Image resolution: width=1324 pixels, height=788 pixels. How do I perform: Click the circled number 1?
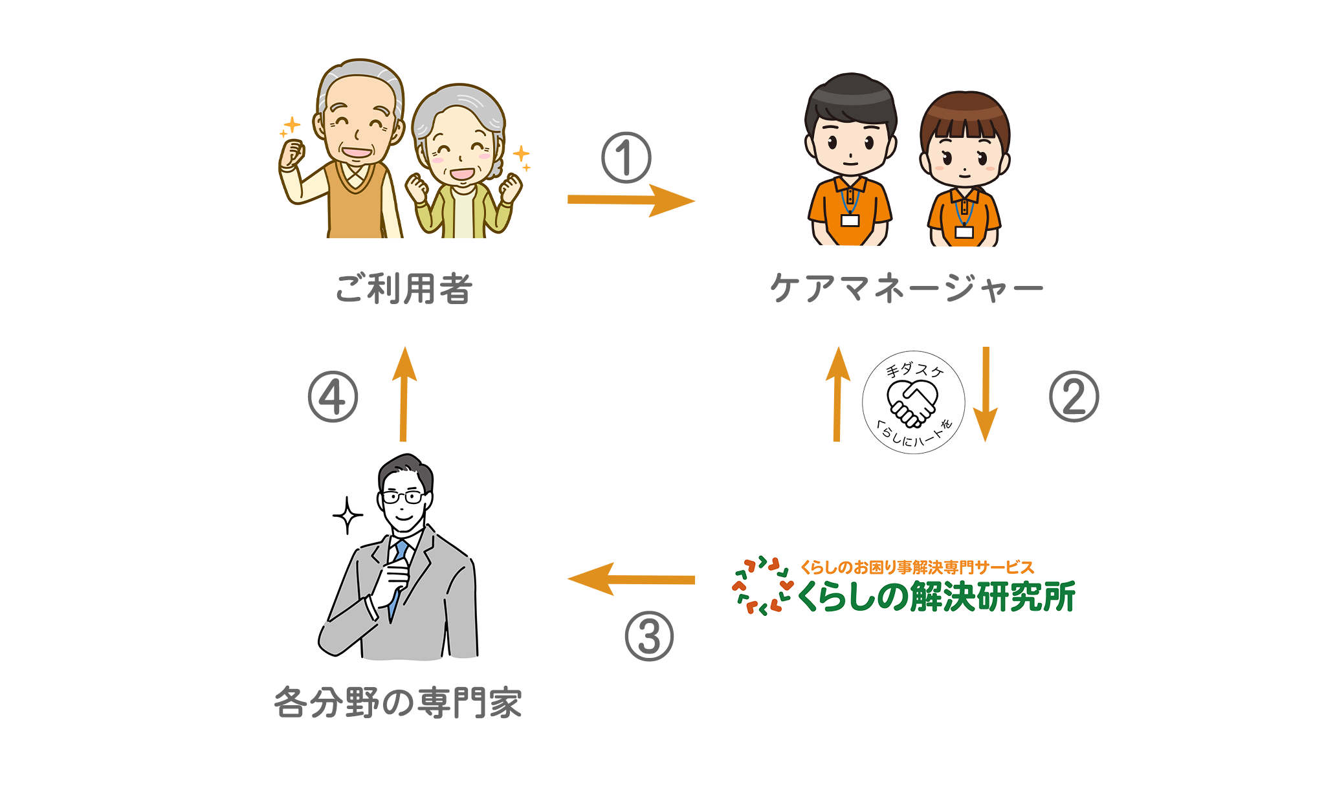626,158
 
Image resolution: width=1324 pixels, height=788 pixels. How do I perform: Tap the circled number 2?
1074,397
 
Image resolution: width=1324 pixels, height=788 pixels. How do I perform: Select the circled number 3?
649,636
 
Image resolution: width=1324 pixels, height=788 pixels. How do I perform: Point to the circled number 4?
333,397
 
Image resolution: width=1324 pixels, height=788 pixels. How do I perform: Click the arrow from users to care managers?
631,200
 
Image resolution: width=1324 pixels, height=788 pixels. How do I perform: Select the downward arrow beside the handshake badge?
986,395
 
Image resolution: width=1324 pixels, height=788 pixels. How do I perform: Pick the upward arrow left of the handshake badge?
838,394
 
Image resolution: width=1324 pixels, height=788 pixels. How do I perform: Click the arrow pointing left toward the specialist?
631,579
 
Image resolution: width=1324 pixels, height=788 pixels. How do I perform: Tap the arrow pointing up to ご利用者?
404,394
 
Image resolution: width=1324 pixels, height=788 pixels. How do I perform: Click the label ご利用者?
404,289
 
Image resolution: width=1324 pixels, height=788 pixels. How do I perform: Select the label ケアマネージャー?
907,288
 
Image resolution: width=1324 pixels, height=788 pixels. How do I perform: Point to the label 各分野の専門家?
398,703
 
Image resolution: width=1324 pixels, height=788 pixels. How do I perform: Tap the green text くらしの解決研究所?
936,596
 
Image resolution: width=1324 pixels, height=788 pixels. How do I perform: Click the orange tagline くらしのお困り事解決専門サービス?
917,567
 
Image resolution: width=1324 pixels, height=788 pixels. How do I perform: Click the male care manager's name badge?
850,221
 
